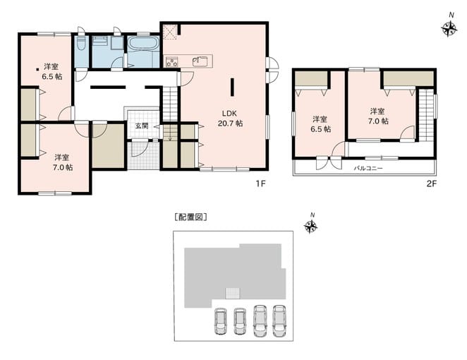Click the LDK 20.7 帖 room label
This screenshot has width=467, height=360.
[x=230, y=118]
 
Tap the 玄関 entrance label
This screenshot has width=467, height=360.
[x=142, y=126]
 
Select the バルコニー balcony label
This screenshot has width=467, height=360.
[x=368, y=168]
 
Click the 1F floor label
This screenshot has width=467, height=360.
[x=260, y=184]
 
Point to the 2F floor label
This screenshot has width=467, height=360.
[x=432, y=184]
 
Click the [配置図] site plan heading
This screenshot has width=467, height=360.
[x=191, y=217]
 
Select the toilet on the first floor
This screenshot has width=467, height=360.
[x=81, y=44]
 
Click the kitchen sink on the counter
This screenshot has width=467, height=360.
[x=200, y=61]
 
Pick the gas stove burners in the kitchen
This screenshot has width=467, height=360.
[x=172, y=61]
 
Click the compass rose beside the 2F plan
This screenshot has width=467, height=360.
[x=449, y=29]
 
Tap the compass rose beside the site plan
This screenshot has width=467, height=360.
[x=310, y=226]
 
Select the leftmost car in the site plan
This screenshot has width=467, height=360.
[x=220, y=321]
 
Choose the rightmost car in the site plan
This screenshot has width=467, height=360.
[x=279, y=320]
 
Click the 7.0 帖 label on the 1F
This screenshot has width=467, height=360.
[x=63, y=167]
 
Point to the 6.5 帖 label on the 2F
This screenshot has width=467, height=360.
[x=320, y=129]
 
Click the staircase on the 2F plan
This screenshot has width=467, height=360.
[x=426, y=115]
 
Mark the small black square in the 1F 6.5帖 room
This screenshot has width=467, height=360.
[x=37, y=70]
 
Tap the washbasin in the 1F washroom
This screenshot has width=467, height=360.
[x=100, y=41]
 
